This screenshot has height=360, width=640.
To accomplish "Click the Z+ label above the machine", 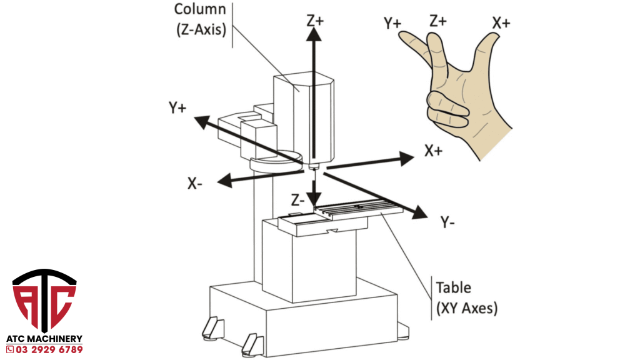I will tap(315, 19).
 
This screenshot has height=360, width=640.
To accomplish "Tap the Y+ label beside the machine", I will tap(177, 107).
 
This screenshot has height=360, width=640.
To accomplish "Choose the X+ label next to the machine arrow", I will tap(434, 151).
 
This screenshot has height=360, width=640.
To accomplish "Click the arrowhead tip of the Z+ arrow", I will tap(314, 31).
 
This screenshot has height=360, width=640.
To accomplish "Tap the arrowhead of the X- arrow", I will tap(219, 181).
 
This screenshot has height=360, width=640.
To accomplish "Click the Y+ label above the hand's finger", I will tap(392, 23).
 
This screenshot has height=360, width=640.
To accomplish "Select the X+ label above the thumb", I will tap(501, 23).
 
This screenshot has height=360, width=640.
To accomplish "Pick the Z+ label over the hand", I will tap(438, 20).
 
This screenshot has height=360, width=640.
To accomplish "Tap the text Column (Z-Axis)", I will tap(199, 19).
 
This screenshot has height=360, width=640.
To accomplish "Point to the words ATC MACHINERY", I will tap(44, 338).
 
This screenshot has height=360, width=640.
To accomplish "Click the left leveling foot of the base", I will tap(211, 326).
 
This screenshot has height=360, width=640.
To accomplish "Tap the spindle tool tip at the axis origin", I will tap(314, 167).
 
